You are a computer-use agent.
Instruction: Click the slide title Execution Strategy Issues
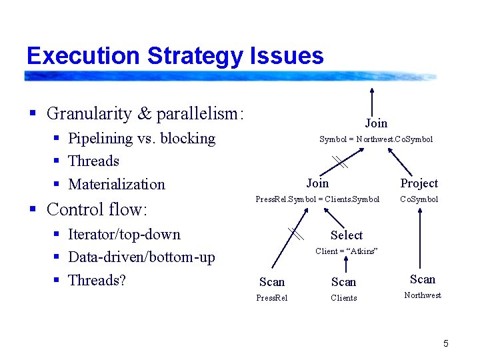175,55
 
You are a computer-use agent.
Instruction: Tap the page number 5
445,343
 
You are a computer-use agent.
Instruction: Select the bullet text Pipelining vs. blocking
141,139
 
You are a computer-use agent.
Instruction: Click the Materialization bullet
116,185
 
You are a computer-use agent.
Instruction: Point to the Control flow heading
96,209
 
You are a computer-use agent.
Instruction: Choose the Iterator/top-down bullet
124,235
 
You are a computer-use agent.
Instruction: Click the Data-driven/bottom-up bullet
141,257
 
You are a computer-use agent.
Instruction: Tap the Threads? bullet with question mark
97,281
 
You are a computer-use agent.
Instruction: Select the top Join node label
375,123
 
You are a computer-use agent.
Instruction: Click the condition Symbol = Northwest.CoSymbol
375,139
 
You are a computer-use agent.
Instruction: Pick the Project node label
419,183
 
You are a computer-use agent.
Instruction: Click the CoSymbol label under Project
419,199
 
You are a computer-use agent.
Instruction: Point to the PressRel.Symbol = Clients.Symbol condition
317,199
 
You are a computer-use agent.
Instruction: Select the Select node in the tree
346,235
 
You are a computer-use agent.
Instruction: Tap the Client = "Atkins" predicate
346,251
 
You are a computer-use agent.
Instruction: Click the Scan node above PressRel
272,282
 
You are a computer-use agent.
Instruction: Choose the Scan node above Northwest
422,279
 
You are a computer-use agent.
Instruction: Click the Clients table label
344,298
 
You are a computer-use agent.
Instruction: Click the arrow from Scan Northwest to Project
419,240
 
